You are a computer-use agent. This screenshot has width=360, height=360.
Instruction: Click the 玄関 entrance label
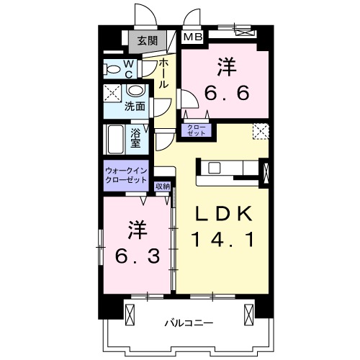(x=148, y=41)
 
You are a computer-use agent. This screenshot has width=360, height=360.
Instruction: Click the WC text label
(x=130, y=69)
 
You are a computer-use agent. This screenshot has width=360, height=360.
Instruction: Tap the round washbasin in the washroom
(x=135, y=93)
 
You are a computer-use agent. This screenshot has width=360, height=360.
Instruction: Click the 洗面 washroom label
(x=135, y=107)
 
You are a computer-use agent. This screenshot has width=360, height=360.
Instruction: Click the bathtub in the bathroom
(x=114, y=139)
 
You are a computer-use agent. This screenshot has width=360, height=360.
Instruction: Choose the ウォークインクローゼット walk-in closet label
(x=126, y=175)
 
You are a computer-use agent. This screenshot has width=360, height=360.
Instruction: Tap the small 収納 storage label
(x=163, y=186)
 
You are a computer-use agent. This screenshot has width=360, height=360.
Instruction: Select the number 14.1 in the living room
(x=222, y=238)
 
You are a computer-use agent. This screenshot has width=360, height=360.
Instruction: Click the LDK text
(x=222, y=214)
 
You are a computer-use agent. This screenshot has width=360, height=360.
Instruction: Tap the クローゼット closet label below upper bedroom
(x=197, y=130)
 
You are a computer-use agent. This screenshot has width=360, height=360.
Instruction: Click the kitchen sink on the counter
(x=215, y=168)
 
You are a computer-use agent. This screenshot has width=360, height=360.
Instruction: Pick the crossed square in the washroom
(x=112, y=92)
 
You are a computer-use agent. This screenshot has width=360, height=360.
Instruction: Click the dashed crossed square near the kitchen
(x=261, y=131)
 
